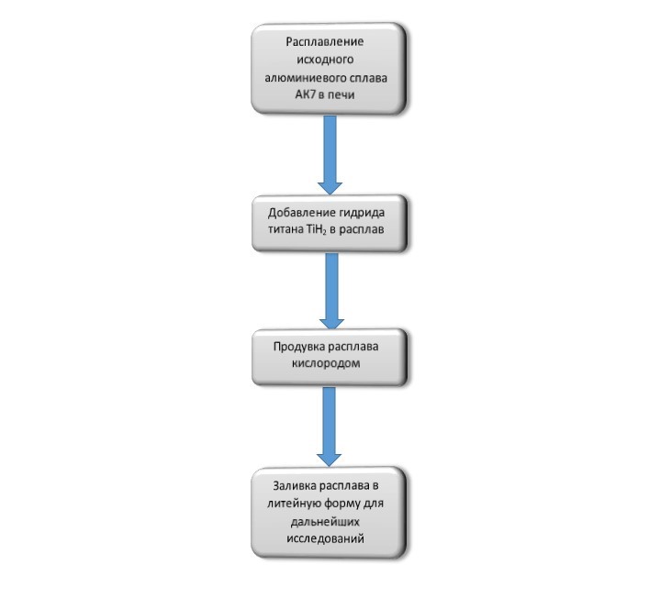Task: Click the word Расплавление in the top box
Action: click(325, 42)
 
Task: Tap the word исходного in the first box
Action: click(325, 60)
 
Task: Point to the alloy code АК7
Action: click(305, 94)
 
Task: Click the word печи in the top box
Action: click(341, 95)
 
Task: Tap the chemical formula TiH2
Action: click(317, 230)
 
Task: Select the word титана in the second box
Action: click(285, 229)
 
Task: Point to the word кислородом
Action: click(326, 363)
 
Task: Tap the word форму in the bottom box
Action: click(342, 504)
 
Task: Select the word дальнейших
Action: click(325, 522)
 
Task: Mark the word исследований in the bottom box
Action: click(325, 539)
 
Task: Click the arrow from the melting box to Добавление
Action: click(330, 155)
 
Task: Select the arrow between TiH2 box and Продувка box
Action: click(331, 291)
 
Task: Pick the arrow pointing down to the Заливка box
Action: click(329, 426)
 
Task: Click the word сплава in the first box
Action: click(367, 79)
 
